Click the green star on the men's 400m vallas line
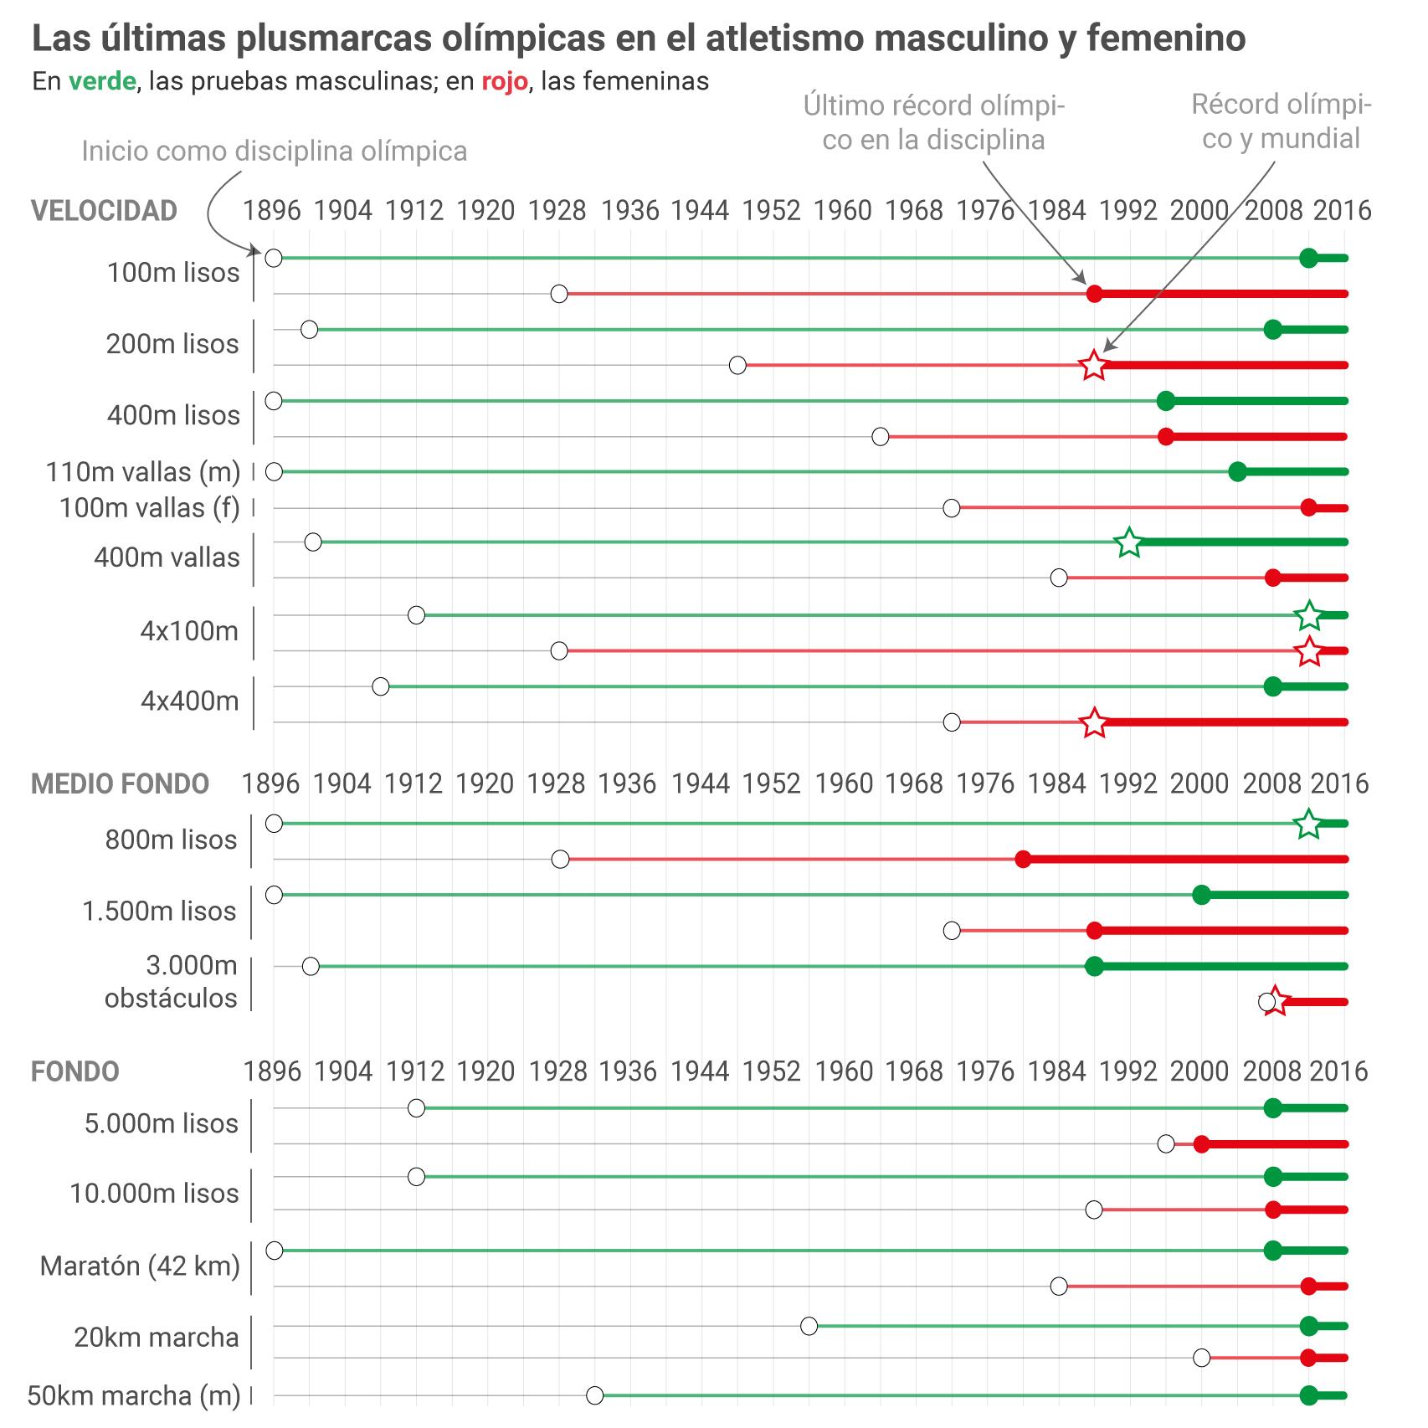point(1129,542)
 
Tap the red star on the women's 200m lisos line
point(1093,366)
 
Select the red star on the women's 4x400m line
point(1093,722)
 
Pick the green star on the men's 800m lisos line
point(1308,824)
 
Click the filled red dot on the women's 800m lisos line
point(1022,860)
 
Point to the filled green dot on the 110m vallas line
point(1237,472)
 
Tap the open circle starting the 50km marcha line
point(594,1395)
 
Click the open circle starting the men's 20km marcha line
point(809,1326)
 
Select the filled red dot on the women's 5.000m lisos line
point(1201,1144)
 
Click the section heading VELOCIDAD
point(104,210)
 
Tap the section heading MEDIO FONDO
point(120,783)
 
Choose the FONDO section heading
point(75,1071)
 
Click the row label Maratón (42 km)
point(140,1266)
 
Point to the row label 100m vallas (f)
point(149,508)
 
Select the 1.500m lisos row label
point(159,911)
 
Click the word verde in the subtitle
point(102,81)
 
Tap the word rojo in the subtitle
point(504,81)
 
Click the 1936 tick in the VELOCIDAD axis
point(629,210)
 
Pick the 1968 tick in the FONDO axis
point(915,1071)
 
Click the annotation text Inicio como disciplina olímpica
point(274,152)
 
